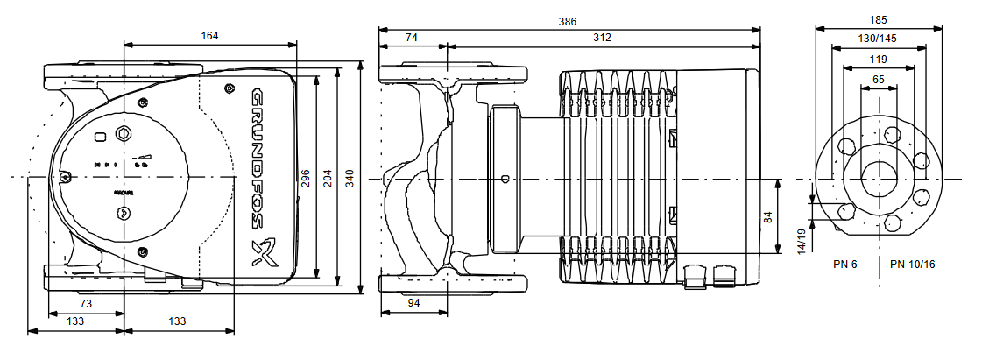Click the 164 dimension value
[x=208, y=36]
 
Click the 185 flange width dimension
[x=879, y=19]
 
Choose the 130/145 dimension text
[x=878, y=39]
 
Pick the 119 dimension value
[x=878, y=59]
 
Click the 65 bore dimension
[x=879, y=79]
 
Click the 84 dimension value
[x=768, y=217]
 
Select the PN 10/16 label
[x=913, y=264]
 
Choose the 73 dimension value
[x=86, y=302]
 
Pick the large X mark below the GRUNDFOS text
[x=262, y=252]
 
